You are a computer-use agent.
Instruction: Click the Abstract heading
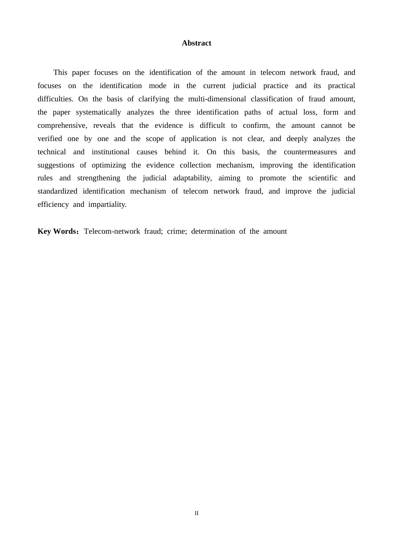tap(196, 43)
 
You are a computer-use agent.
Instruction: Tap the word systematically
tap(98, 112)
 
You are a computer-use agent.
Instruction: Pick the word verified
tap(50, 139)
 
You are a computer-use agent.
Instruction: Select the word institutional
tap(110, 152)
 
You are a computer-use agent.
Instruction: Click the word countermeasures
tap(310, 152)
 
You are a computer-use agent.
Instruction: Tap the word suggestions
tap(56, 165)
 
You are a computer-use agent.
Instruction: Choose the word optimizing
tap(109, 165)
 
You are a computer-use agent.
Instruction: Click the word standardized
tap(58, 192)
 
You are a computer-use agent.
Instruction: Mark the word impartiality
tap(107, 205)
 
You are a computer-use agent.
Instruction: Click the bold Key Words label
tap(57, 231)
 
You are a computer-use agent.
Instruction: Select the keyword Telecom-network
tap(112, 231)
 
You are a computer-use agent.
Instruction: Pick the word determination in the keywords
tap(213, 231)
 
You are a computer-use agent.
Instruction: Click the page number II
tap(196, 513)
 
